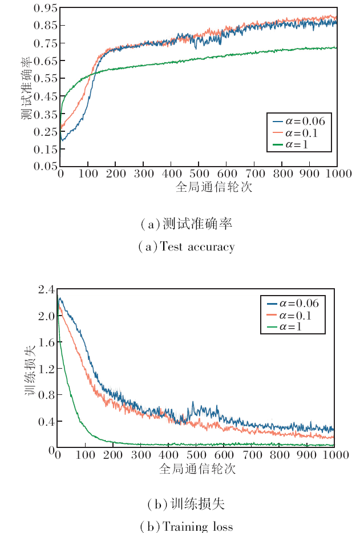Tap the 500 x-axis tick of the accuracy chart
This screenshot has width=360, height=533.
tap(199, 173)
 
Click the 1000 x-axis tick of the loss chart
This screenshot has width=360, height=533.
tap(334, 455)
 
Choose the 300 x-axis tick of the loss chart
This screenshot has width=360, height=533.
tap(140, 455)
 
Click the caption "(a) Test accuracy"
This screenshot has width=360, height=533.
tap(187, 247)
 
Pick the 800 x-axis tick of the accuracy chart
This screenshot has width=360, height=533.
tap(282, 173)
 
